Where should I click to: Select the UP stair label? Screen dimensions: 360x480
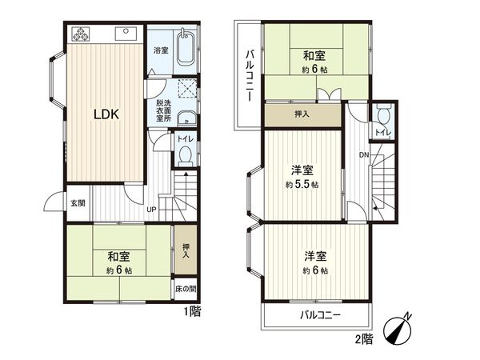coord(151,210)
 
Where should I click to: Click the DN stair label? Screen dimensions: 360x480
coord(363,154)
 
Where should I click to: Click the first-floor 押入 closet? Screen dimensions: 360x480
coord(186,250)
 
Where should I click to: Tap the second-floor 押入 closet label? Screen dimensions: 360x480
coord(302,115)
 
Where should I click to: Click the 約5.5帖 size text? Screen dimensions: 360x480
coord(302,185)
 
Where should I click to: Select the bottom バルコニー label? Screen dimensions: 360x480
coord(320,315)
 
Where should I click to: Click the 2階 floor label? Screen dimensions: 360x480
coord(364,339)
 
